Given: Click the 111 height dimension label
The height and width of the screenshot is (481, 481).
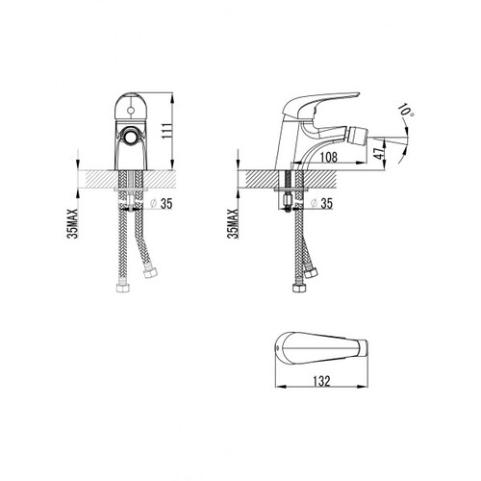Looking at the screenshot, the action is click(x=166, y=131).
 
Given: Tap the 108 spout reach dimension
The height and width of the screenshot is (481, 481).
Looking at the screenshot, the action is click(x=329, y=157).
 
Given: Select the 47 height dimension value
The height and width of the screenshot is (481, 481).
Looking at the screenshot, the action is click(x=380, y=154).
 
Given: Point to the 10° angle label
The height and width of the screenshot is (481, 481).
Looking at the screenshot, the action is click(x=406, y=111).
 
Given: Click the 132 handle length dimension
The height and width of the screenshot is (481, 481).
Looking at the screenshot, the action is click(x=321, y=381).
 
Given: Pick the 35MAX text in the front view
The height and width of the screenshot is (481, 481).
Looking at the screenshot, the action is click(x=73, y=223).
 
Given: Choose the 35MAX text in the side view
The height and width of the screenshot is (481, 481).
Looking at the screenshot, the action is click(x=233, y=223).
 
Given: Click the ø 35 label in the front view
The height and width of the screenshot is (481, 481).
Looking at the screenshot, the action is click(x=162, y=203).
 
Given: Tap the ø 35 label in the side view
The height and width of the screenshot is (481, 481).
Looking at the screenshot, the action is click(x=322, y=203).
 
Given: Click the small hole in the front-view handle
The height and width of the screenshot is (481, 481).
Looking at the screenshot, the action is click(x=130, y=111).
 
